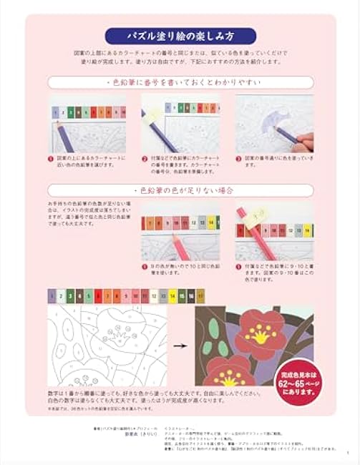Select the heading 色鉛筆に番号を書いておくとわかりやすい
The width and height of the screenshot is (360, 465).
[x=179, y=83]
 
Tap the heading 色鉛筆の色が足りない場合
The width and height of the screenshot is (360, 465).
[x=179, y=191]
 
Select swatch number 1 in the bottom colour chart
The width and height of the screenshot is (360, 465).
[x=52, y=294]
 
